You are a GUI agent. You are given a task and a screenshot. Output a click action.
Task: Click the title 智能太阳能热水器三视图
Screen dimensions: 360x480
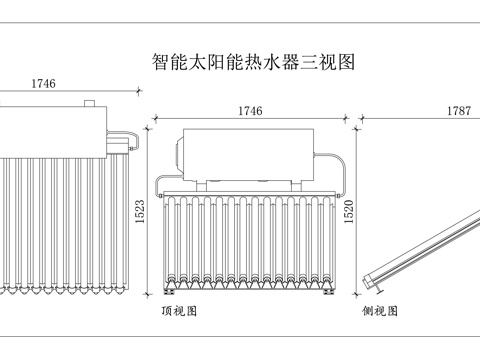point(253,63)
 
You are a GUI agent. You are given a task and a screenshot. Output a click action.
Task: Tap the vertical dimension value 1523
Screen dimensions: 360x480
point(141,211)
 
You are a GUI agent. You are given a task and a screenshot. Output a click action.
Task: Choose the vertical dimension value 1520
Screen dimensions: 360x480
point(349,211)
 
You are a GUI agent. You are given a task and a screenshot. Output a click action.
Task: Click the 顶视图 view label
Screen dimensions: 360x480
point(179,311)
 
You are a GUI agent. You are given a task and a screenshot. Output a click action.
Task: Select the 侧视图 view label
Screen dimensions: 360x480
point(380,311)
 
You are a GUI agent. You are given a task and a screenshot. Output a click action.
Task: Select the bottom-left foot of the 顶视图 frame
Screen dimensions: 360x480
point(168,295)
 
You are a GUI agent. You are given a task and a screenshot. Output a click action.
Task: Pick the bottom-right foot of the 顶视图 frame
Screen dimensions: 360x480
point(329,295)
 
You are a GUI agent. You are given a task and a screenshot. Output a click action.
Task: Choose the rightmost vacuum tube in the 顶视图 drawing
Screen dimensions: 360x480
point(325,240)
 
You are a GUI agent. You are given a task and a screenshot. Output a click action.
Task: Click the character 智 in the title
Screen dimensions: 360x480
point(161,63)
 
